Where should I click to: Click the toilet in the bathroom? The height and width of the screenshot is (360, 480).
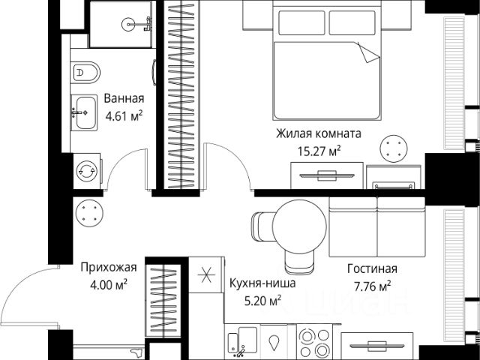click(85, 73)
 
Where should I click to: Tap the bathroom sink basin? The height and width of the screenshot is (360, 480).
click(84, 112)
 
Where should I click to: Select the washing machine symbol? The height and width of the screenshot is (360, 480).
click(87, 171)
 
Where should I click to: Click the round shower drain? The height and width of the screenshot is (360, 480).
click(128, 25)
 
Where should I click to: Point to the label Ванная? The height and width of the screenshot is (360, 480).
click(124, 98)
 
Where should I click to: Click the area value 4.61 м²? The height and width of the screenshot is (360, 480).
click(124, 116)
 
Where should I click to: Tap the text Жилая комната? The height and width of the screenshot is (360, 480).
click(319, 133)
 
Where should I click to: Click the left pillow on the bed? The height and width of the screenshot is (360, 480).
click(301, 23)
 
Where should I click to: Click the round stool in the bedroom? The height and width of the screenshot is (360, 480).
click(394, 148)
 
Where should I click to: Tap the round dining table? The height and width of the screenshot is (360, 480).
click(299, 226)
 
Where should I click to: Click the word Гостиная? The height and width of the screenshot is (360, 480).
click(372, 268)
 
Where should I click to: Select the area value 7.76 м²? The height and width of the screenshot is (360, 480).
click(372, 286)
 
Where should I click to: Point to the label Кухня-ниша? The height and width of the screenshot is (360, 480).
click(262, 283)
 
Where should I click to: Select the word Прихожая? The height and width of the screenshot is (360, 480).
click(109, 268)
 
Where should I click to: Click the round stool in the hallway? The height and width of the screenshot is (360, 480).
click(89, 213)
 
